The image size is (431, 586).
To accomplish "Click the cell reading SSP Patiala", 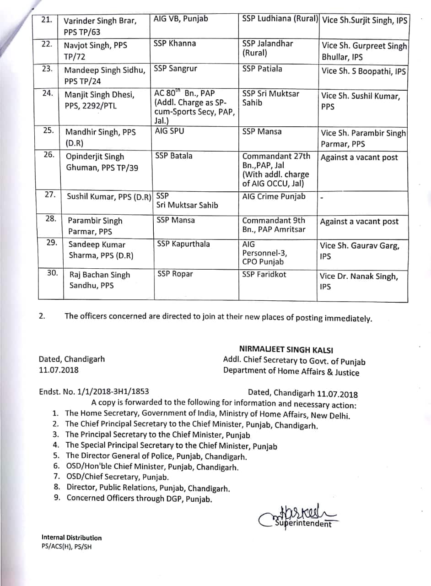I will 262,69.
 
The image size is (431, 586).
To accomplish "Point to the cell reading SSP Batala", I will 174,156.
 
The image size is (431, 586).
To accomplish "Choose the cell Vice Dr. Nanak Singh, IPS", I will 359,281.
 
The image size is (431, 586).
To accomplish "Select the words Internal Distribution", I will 71,537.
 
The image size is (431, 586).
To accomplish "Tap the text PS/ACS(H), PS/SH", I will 66,547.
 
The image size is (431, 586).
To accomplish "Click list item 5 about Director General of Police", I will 156,456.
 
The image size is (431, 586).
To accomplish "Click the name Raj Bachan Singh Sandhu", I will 99,280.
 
